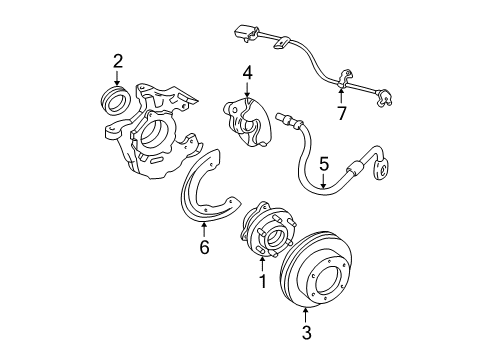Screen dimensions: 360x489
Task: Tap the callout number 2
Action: [117, 62]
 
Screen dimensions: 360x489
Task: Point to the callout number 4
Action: [246, 73]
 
